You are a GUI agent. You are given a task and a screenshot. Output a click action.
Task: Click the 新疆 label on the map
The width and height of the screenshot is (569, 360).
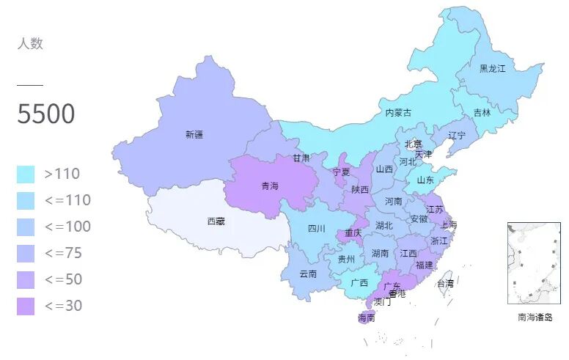pyautogui.click(x=194, y=135)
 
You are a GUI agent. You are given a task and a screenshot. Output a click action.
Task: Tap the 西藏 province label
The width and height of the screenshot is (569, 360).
pyautogui.click(x=216, y=221)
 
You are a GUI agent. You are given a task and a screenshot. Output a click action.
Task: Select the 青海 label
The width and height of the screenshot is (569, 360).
pyautogui.click(x=270, y=186)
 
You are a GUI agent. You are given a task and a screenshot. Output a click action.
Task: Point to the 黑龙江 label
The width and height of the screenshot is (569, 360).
pyautogui.click(x=493, y=68)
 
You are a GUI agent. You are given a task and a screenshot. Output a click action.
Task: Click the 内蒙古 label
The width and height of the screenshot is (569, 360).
pyautogui.click(x=398, y=113)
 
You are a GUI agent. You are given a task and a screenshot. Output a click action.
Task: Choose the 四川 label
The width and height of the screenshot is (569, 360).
pyautogui.click(x=316, y=228)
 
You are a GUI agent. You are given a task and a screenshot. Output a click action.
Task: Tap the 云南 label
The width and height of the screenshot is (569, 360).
pyautogui.click(x=308, y=274)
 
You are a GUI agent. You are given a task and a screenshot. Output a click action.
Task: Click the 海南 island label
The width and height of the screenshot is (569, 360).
pyautogui.click(x=367, y=318)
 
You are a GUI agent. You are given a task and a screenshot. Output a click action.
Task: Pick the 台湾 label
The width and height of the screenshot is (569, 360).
pyautogui.click(x=445, y=283)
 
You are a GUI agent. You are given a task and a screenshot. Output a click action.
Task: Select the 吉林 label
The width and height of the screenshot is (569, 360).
pyautogui.click(x=482, y=113)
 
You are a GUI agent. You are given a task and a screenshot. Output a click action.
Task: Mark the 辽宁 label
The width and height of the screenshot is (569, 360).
pyautogui.click(x=457, y=136)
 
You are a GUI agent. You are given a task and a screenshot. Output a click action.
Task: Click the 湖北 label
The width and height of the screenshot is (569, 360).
pyautogui.click(x=384, y=225)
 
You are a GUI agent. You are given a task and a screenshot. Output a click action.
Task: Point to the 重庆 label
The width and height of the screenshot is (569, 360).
pyautogui.click(x=353, y=233)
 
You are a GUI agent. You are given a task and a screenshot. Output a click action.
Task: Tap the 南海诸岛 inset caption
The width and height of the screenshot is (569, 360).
pyautogui.click(x=535, y=317)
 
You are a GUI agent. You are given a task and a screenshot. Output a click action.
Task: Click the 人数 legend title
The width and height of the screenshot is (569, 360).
pyautogui.click(x=30, y=43)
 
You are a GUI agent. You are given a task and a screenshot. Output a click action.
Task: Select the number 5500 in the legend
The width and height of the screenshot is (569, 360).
pyautogui.click(x=45, y=114)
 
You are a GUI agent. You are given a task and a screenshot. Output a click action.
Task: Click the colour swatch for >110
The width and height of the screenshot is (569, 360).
pyautogui.click(x=26, y=175)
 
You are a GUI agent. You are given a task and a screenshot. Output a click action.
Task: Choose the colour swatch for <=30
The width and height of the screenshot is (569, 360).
pyautogui.click(x=26, y=306)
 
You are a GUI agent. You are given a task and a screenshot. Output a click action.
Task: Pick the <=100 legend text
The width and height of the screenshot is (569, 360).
pyautogui.click(x=67, y=227)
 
